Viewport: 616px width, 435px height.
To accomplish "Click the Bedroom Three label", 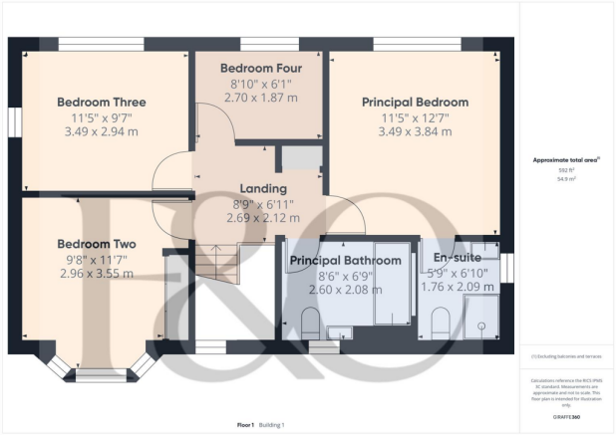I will pyautogui.click(x=102, y=102).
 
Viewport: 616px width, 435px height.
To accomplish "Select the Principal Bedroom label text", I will pyautogui.click(x=415, y=102).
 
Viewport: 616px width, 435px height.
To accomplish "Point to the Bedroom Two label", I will pyautogui.click(x=97, y=244).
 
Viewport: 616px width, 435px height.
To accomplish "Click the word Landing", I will pyautogui.click(x=263, y=188).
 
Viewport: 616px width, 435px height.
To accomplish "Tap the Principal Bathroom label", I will pyautogui.click(x=345, y=261).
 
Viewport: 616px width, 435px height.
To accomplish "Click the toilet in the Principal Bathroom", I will pyautogui.click(x=310, y=322).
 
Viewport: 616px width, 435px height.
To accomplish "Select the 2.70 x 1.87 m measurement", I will pyautogui.click(x=261, y=100).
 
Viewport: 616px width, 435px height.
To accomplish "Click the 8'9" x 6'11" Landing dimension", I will pyautogui.click(x=263, y=203).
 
